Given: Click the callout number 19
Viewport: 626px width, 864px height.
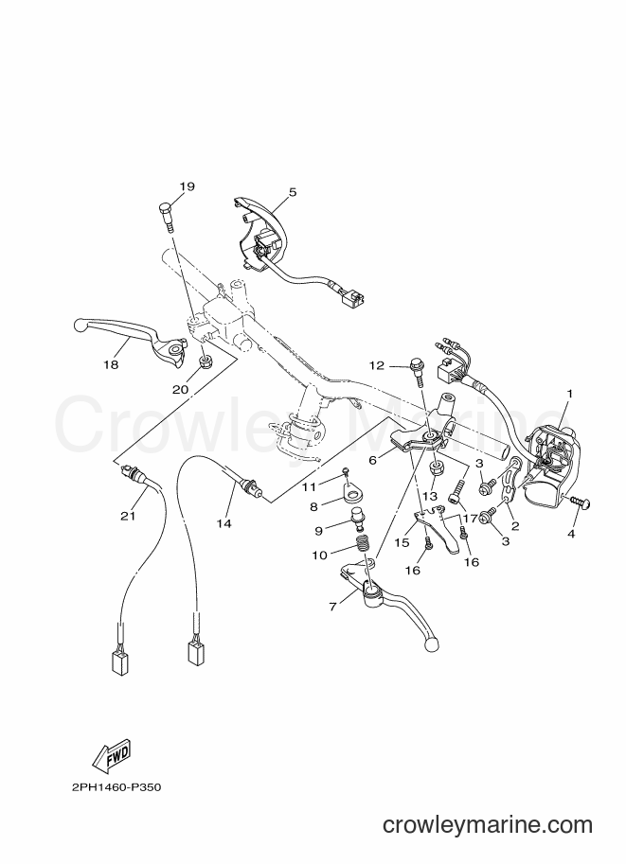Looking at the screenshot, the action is pyautogui.click(x=187, y=186).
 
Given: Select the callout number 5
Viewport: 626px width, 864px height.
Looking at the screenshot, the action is pyautogui.click(x=293, y=192).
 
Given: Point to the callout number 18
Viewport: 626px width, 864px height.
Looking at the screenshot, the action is pyautogui.click(x=112, y=364).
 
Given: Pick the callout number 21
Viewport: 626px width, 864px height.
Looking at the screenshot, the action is pyautogui.click(x=128, y=516).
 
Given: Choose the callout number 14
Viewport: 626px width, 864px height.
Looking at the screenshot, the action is pyautogui.click(x=224, y=523).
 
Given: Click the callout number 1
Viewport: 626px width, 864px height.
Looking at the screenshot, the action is pyautogui.click(x=570, y=394).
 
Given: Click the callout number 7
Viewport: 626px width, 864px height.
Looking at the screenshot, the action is pyautogui.click(x=332, y=606).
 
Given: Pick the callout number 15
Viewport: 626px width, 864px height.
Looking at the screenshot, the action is pyautogui.click(x=402, y=542).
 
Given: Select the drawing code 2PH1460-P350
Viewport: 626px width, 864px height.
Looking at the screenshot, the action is pyautogui.click(x=116, y=786).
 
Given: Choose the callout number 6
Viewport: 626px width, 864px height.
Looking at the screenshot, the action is pyautogui.click(x=373, y=459).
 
